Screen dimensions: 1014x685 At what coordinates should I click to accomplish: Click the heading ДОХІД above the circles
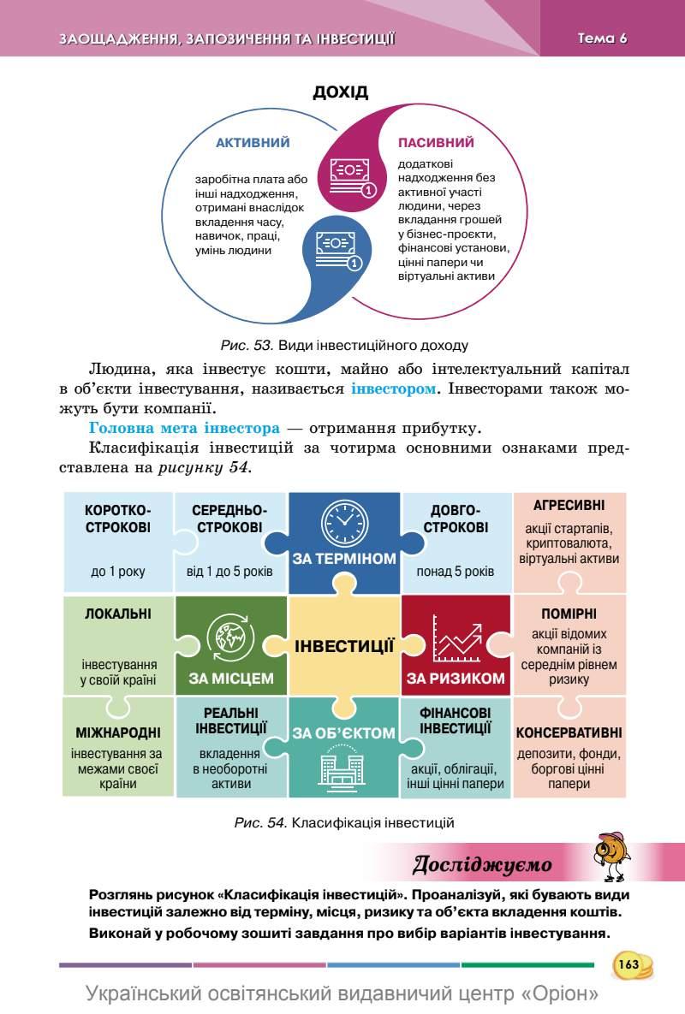[340, 92]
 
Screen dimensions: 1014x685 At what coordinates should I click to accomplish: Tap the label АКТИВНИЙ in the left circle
[253, 143]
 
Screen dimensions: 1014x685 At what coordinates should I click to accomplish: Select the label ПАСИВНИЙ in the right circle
[436, 143]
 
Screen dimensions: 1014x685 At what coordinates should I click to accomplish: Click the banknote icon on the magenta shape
[348, 175]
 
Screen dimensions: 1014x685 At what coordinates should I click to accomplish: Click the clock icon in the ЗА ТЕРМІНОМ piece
[342, 522]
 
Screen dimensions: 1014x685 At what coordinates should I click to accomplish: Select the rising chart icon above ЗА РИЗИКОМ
[456, 637]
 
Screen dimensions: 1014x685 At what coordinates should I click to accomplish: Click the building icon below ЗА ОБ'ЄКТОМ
[342, 768]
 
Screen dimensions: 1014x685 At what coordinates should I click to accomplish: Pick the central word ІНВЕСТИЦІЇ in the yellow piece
[344, 646]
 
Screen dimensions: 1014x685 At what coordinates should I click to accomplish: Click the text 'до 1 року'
[118, 571]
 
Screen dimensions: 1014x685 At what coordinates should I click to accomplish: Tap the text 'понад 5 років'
[456, 571]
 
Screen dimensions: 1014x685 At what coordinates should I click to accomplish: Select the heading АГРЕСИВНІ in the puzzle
[569, 505]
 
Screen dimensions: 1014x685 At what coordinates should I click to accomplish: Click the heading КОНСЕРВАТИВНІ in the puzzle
[569, 733]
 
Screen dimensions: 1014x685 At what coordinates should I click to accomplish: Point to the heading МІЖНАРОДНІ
[118, 733]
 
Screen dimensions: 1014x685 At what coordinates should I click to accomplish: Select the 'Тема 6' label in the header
[603, 38]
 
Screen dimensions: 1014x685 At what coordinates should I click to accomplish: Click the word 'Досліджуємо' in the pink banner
[482, 864]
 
